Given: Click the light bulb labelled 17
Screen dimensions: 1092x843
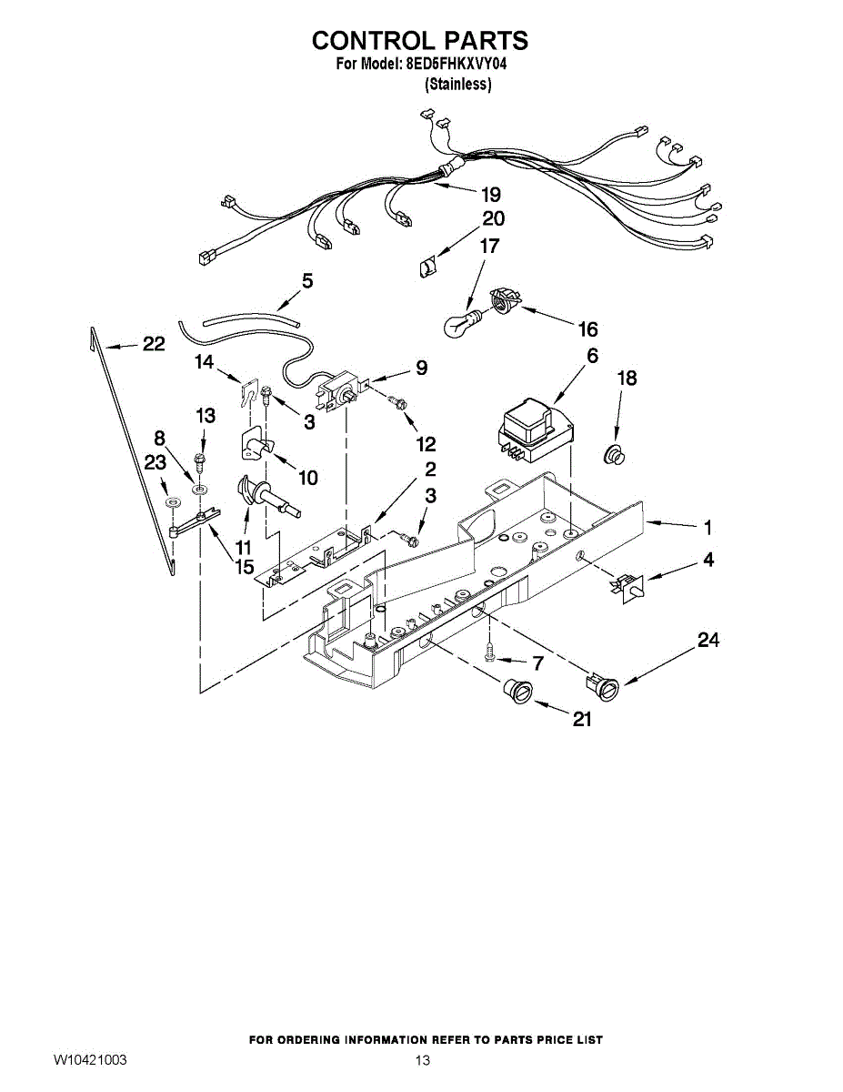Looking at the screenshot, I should pos(462,322).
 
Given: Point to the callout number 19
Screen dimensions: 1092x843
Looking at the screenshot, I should pos(490,194).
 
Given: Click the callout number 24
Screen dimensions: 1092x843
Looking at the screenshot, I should pos(708,642).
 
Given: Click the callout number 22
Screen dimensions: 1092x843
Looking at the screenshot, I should pos(153,344).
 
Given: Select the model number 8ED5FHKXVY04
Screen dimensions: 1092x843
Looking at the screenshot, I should pos(447,65).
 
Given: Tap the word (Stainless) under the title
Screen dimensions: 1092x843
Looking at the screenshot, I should pos(458,85).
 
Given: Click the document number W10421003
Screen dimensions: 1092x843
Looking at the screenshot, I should pos(89,1060).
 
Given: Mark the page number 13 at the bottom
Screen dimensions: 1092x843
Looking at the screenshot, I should pos(422,1060).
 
